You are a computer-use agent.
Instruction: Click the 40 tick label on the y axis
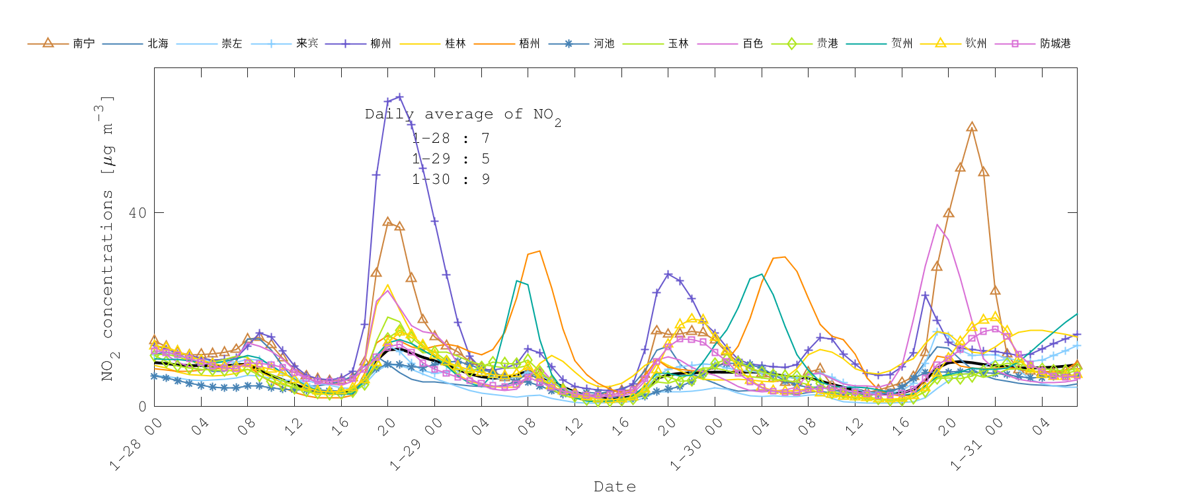138,213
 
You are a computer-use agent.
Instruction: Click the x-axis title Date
615,487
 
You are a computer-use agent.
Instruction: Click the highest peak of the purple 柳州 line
399,97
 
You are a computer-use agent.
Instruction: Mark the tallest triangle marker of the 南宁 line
971,127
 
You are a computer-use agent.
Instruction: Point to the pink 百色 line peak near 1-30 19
937,225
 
